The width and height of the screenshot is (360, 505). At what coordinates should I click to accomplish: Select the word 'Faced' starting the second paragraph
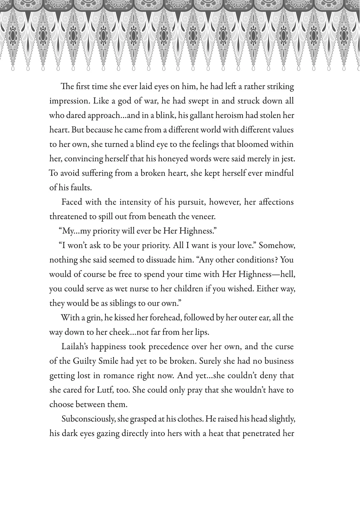tap(71, 202)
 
